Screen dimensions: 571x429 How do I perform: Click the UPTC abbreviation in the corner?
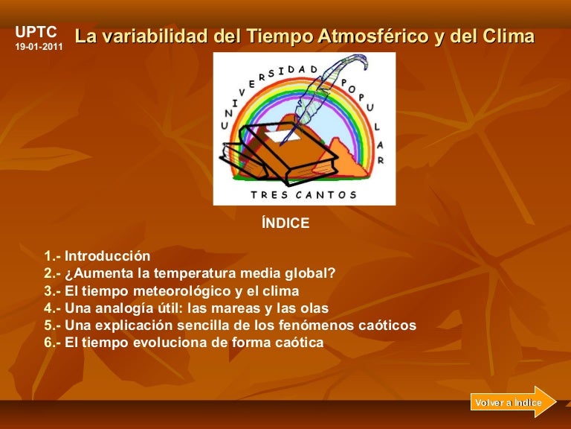tap(36, 32)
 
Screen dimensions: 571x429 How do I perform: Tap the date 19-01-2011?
tap(39, 47)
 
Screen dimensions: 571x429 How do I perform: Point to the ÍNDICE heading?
tap(285, 223)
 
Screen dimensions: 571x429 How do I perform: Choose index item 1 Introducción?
tap(97, 255)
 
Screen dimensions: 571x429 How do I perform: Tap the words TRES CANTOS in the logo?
tap(303, 195)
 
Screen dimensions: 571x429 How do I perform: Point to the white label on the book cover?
tap(283, 136)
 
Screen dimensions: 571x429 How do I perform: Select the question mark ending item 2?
tap(332, 273)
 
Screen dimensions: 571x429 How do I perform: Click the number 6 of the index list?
tap(48, 343)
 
